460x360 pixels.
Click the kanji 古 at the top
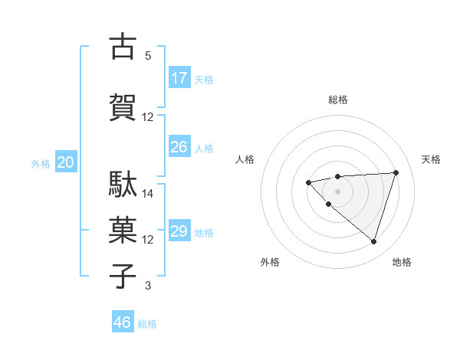[123, 47]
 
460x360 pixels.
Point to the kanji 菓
[123, 231]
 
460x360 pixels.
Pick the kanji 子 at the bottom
[123, 277]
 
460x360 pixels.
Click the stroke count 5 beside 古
[148, 56]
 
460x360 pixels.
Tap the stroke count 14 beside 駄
[148, 194]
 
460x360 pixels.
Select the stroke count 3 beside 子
[148, 286]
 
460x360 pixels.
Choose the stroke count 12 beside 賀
[148, 117]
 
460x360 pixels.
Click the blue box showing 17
[179, 78]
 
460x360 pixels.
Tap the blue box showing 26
[179, 147]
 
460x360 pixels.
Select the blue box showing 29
[179, 231]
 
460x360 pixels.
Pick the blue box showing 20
[66, 162]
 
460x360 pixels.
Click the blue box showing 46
[123, 322]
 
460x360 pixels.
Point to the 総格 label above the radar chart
[338, 100]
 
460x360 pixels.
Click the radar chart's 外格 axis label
[270, 262]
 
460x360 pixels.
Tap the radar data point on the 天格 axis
[396, 172]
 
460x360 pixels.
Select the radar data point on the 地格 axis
[373, 241]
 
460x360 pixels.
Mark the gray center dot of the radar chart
[337, 191]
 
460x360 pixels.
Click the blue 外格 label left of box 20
[41, 163]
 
